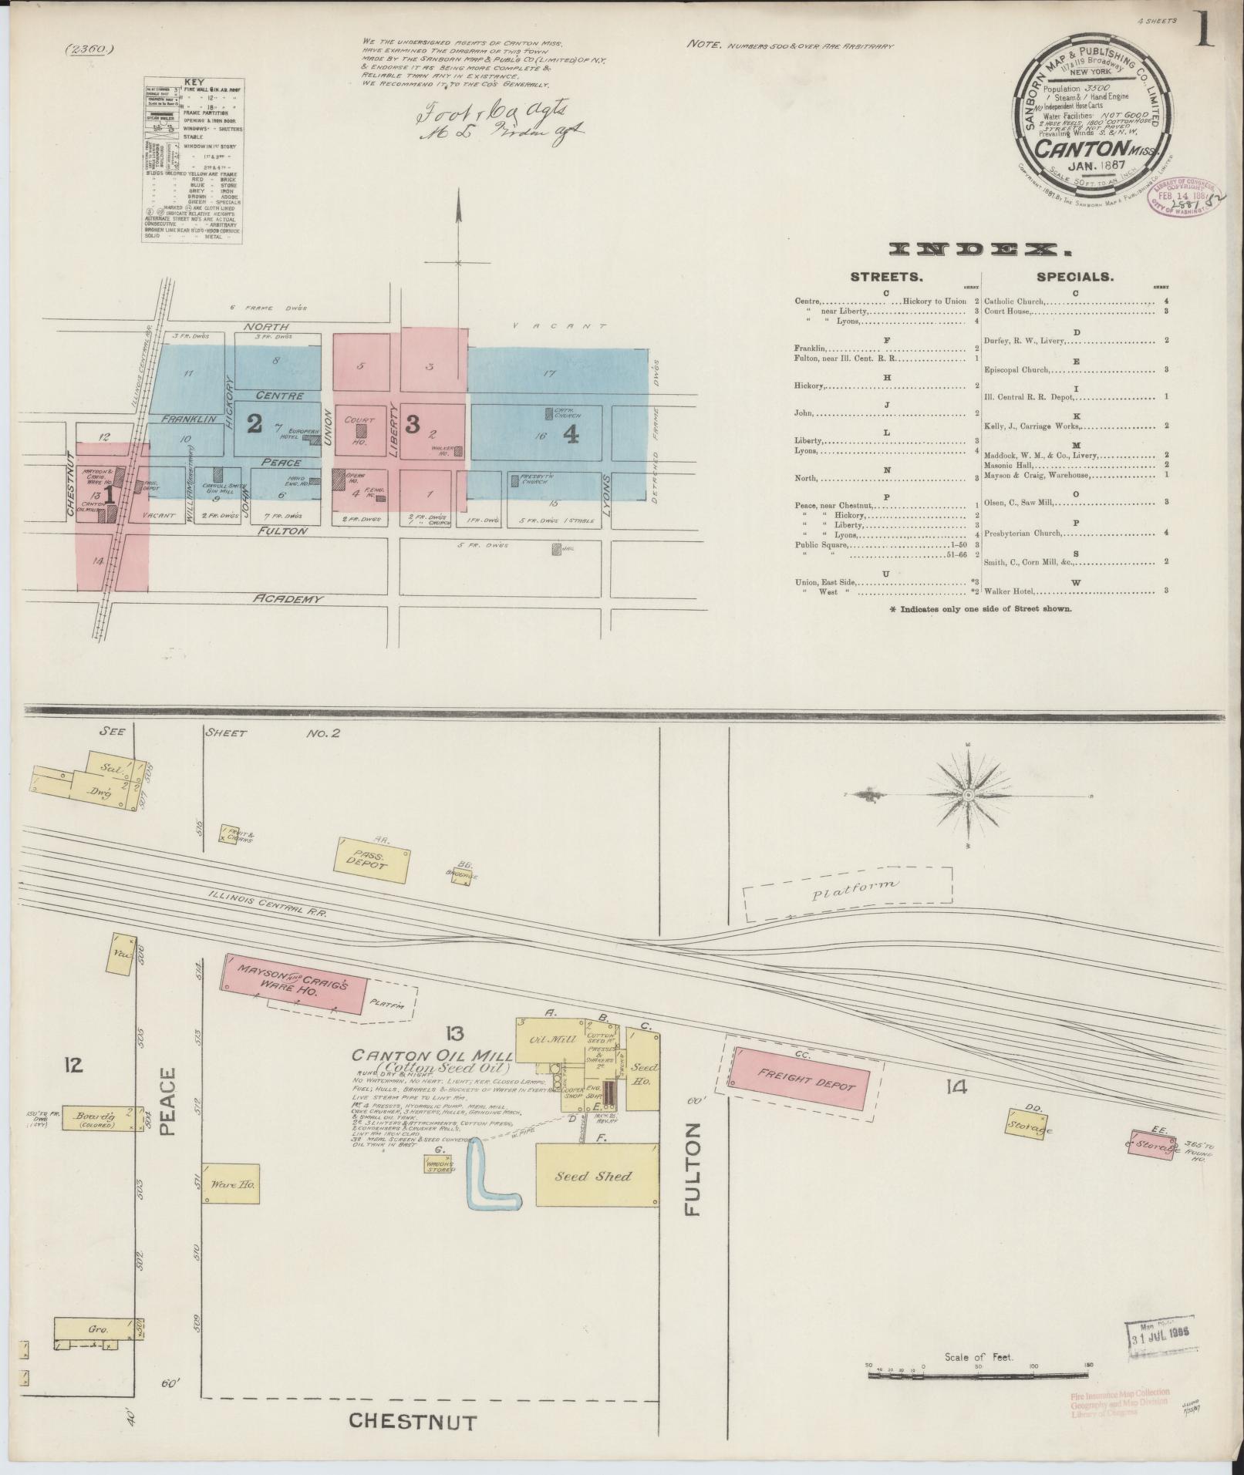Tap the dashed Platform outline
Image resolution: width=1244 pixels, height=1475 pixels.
[848, 893]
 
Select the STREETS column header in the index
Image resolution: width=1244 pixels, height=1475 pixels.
[886, 277]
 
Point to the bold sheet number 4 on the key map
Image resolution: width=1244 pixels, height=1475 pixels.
[571, 436]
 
